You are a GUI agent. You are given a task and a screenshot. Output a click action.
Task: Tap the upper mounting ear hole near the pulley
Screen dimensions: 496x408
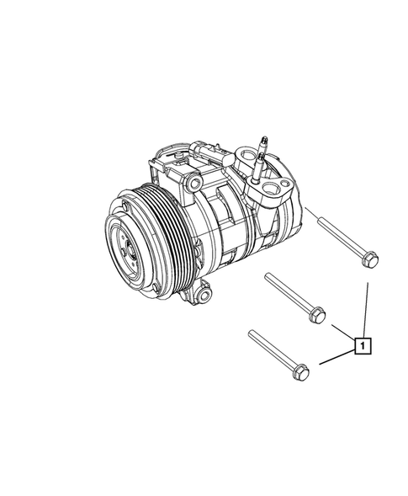194,184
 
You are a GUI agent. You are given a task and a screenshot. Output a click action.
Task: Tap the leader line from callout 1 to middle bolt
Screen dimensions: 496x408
342,331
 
